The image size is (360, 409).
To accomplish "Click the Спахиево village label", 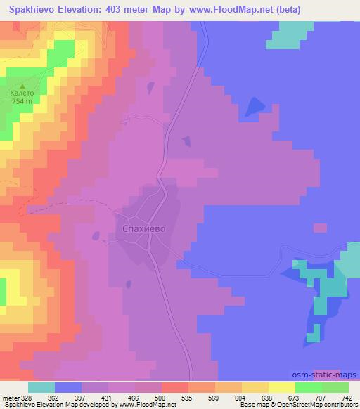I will pos(143,227).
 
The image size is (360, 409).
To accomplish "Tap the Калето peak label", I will pos(20,93).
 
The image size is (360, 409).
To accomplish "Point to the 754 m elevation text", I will pos(21,101).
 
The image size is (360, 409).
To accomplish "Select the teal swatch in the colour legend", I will pos(41,387).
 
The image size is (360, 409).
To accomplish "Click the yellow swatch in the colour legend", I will pos(282,387).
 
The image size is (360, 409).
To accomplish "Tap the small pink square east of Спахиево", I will pos(320,228).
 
